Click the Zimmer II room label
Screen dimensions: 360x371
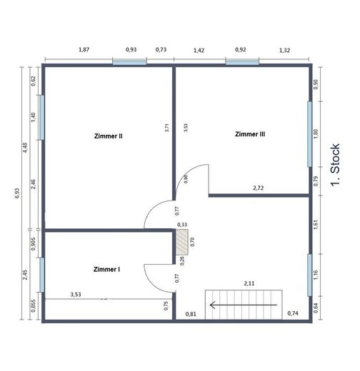tap(109, 136)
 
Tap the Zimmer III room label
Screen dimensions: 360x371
tap(250, 134)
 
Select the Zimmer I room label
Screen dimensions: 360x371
tap(106, 269)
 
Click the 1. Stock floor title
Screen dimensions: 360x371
tap(336, 165)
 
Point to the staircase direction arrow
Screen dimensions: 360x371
tap(244, 305)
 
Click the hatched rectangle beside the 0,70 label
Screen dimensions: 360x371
tap(182, 242)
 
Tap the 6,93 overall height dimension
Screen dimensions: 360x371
tap(17, 193)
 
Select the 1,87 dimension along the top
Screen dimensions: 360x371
tap(84, 49)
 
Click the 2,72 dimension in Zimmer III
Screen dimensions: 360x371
tap(259, 188)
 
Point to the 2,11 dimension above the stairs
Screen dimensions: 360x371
tap(249, 283)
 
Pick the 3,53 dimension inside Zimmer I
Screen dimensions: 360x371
tap(76, 295)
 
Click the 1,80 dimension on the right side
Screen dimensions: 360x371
tap(316, 134)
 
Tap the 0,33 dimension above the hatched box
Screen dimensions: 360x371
tap(182, 225)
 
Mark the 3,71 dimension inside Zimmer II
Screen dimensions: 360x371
tap(167, 128)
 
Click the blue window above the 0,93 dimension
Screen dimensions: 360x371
tap(129, 62)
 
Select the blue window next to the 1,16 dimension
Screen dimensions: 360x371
tap(309, 275)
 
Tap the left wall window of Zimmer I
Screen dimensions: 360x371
tap(42, 275)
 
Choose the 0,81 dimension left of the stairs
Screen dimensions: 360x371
tap(191, 314)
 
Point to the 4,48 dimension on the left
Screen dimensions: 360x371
tap(25, 148)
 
